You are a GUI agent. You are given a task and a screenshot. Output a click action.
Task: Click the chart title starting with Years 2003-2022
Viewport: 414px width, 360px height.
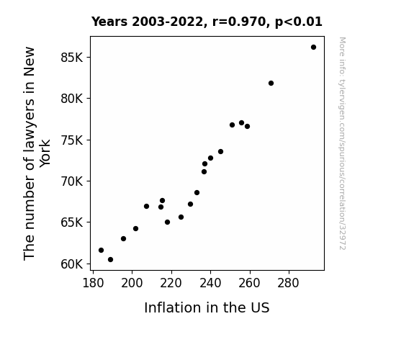click(207, 22)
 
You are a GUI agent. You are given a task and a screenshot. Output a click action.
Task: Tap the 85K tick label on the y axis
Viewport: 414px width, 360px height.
click(72, 58)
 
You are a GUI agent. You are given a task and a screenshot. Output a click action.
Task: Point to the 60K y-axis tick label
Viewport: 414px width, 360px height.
click(72, 264)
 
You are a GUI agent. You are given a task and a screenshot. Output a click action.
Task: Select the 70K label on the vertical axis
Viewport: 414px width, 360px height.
click(72, 181)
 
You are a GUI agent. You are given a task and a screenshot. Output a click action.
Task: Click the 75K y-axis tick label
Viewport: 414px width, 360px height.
click(72, 140)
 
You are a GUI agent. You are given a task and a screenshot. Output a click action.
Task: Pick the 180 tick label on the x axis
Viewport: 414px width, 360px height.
click(93, 283)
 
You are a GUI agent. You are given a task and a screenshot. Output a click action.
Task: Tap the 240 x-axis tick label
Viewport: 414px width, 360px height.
click(210, 283)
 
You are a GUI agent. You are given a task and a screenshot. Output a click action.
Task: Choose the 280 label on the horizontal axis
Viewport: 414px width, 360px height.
click(288, 283)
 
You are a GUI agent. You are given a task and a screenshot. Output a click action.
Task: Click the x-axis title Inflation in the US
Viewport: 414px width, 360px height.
click(207, 307)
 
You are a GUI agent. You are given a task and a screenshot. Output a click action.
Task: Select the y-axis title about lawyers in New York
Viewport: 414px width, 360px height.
click(37, 153)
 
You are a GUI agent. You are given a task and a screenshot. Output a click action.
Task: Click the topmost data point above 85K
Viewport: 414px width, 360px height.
click(313, 48)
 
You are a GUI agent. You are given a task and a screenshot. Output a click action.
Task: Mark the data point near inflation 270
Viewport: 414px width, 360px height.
click(271, 84)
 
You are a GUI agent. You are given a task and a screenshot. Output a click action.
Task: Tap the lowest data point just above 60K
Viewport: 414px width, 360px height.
click(110, 260)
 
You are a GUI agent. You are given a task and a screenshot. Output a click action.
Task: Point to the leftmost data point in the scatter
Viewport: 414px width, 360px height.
click(101, 250)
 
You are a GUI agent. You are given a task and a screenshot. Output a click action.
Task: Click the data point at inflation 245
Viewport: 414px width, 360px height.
click(220, 152)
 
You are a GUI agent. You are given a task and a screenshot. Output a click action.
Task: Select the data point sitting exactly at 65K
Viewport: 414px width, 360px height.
click(167, 222)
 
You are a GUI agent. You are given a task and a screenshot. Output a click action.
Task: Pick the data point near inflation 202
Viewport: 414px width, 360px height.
click(135, 228)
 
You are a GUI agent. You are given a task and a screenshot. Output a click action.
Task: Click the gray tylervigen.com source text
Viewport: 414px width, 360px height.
click(342, 143)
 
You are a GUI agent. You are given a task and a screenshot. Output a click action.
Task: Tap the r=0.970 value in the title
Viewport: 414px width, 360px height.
click(239, 22)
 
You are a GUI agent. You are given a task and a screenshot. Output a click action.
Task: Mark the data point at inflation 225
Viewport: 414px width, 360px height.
click(181, 217)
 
